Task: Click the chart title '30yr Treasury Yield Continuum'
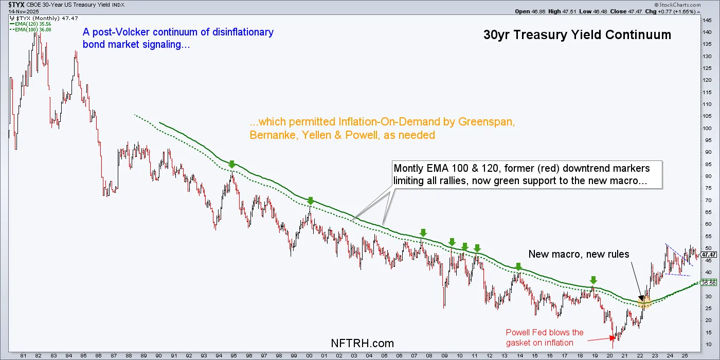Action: click(x=577, y=35)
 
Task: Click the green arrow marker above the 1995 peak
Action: click(x=232, y=165)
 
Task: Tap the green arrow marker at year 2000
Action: click(x=310, y=201)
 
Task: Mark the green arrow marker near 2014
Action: click(x=519, y=266)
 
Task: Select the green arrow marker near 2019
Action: click(x=593, y=280)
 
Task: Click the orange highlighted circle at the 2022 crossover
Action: click(x=644, y=303)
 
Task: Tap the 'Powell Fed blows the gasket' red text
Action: click(x=545, y=337)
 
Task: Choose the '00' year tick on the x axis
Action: click(x=309, y=355)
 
